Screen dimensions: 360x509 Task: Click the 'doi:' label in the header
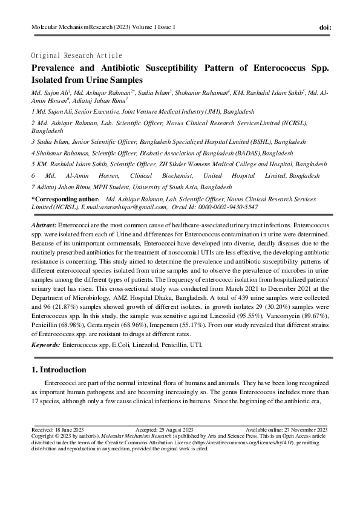[324, 28]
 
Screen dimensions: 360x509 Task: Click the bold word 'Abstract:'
[45, 224]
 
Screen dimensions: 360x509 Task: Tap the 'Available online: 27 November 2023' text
[286, 429]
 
